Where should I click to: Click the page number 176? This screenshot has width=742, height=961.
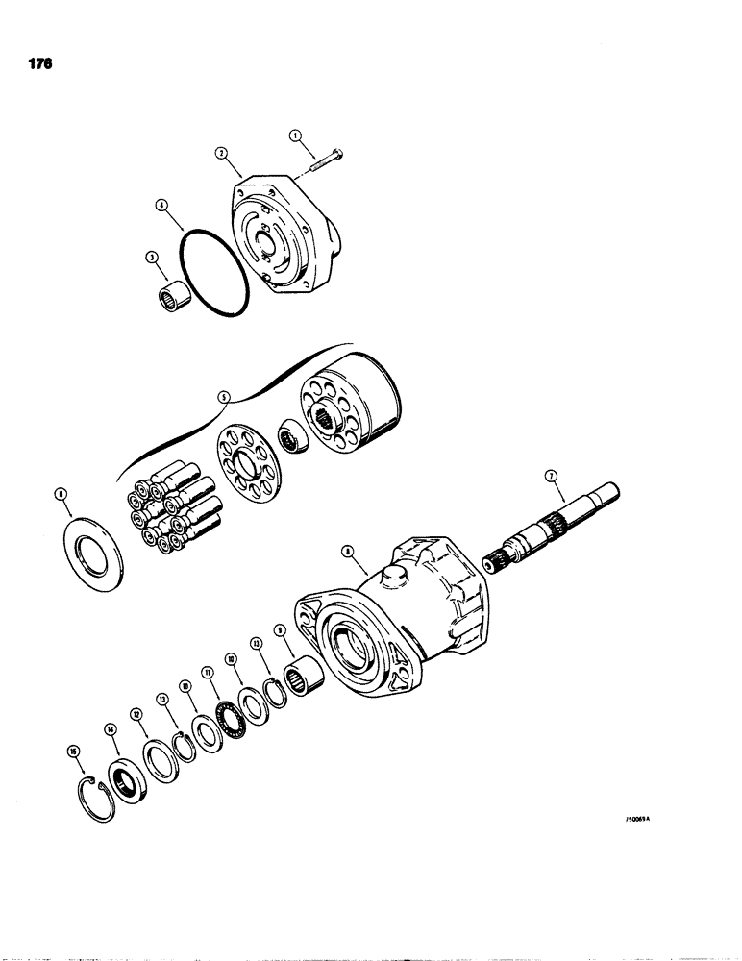point(39,64)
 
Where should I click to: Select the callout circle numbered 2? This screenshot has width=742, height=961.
point(221,152)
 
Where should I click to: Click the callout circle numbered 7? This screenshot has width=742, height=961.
point(550,474)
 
